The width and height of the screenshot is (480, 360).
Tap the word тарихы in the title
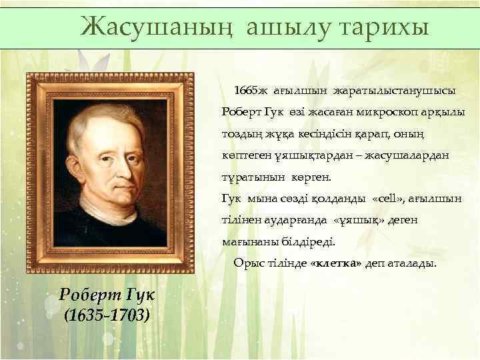pos(382,27)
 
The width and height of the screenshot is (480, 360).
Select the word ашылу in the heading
pos(284,27)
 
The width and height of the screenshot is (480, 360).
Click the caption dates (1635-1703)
pos(106,314)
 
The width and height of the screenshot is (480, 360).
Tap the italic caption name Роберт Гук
pos(106,294)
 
